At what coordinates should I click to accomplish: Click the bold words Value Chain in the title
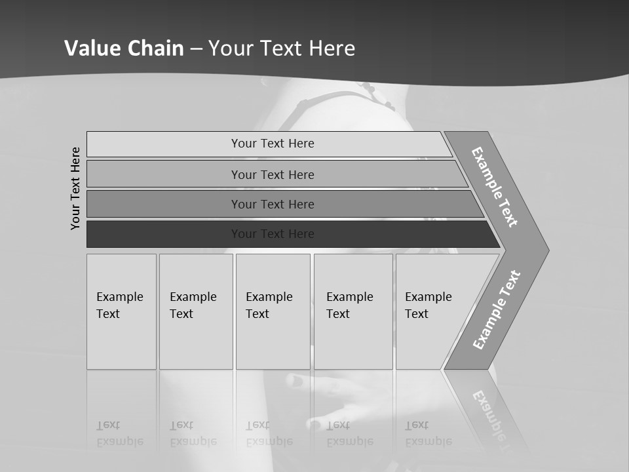point(124,48)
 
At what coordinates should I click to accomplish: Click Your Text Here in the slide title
point(282,48)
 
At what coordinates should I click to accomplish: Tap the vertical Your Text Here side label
point(75,188)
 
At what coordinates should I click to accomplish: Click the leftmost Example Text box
point(121,341)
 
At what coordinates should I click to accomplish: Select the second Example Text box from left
point(195,341)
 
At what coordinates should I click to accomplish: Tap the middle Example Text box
point(273,341)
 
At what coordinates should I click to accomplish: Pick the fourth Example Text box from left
point(353,341)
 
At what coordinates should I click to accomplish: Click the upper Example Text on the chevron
point(495,186)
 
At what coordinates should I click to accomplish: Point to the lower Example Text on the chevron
point(496,310)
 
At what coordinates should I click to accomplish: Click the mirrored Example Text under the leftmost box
point(119,433)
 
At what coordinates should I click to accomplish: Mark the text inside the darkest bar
point(273,234)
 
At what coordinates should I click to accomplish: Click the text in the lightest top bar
point(273,144)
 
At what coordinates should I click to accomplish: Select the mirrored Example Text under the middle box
point(269,433)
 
